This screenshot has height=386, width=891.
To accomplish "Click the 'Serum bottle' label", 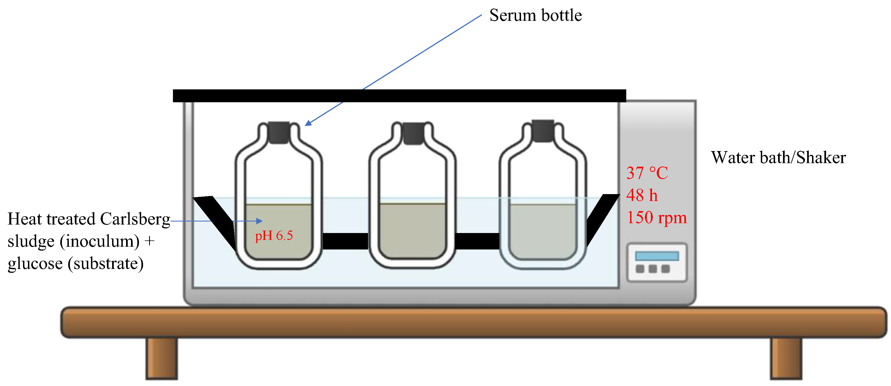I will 536,16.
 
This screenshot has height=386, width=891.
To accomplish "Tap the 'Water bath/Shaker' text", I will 778,158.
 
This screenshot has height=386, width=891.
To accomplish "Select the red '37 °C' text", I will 647,173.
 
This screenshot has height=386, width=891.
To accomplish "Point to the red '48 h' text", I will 642,195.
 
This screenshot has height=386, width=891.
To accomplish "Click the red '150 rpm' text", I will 656,218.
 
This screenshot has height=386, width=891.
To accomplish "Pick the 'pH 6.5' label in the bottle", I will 274,236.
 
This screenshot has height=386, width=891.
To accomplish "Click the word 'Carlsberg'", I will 135,219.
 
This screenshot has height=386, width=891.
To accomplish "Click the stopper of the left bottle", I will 279,132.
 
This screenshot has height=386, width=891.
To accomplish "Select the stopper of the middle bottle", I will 413,134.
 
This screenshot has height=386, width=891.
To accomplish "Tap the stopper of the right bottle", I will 543,131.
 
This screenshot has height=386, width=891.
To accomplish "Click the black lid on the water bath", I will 400,96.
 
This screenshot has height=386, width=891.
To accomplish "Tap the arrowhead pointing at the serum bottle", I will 308,123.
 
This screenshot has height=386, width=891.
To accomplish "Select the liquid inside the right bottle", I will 543,231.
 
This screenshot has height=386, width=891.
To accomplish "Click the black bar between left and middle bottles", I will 345,241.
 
